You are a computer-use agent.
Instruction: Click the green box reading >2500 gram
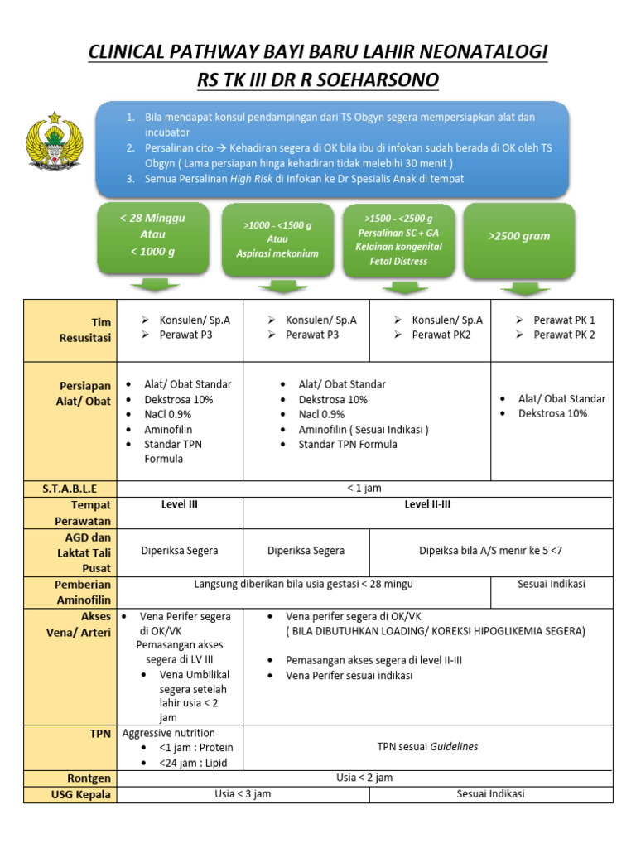(x=519, y=238)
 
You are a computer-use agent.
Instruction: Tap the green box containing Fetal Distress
(x=399, y=239)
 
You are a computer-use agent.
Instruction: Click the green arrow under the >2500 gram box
(x=525, y=288)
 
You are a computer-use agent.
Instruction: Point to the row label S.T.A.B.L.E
(x=70, y=489)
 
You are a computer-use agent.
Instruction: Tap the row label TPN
(x=99, y=734)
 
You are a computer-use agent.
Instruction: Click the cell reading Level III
(x=180, y=504)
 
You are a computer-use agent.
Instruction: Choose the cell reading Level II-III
(x=427, y=504)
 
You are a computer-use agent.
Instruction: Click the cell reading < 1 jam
(x=364, y=489)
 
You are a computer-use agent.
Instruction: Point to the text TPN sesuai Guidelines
(x=427, y=746)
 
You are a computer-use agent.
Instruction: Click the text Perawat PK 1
(x=564, y=320)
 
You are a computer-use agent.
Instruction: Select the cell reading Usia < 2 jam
(x=364, y=778)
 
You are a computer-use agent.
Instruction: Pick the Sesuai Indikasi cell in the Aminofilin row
(x=552, y=584)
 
